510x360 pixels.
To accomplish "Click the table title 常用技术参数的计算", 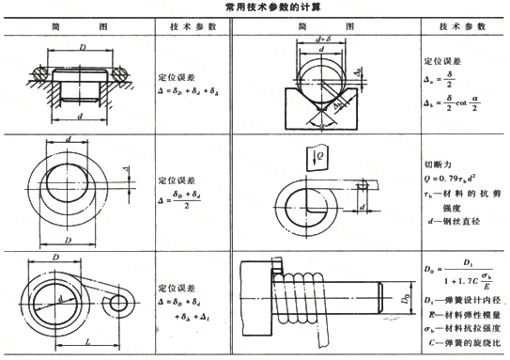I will (x=255, y=8).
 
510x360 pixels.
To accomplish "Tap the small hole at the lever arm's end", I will (x=119, y=305).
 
